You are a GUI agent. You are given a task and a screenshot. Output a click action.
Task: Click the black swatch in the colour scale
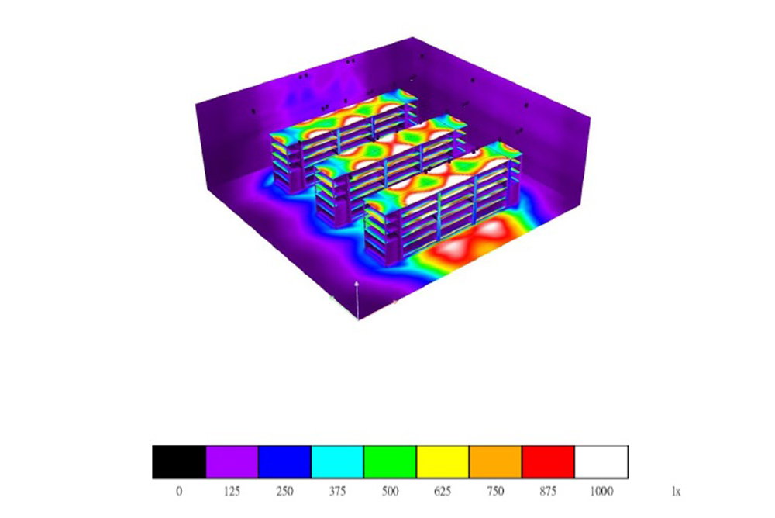point(179,462)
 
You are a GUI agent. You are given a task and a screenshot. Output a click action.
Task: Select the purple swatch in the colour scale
point(232,462)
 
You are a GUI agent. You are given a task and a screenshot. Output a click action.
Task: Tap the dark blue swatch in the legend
point(284,462)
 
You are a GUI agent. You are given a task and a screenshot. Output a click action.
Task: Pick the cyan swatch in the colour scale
point(338,462)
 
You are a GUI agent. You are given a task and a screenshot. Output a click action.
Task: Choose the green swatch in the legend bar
point(390,462)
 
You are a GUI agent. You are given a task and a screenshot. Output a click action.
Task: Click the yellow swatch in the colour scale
point(443,462)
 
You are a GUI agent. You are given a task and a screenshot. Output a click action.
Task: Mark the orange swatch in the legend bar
point(496,462)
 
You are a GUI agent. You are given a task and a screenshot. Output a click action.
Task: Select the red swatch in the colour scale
point(548,462)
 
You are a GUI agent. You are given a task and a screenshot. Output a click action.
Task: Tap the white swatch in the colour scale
point(601,462)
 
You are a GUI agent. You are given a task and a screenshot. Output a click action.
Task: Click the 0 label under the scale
point(179,492)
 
